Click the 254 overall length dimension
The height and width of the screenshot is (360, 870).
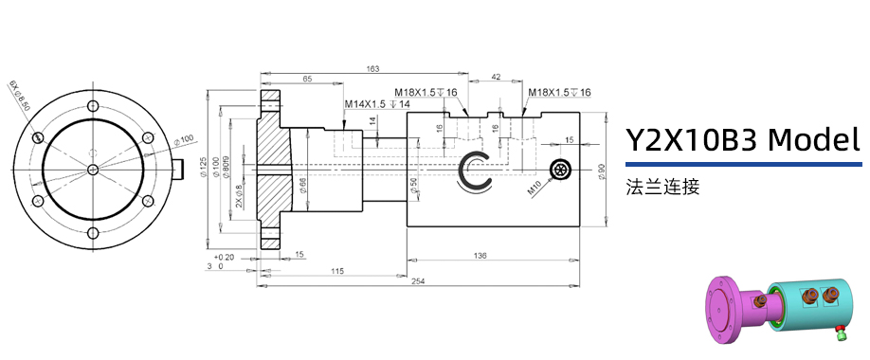coord(418,282)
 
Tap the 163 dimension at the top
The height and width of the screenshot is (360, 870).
coord(372,69)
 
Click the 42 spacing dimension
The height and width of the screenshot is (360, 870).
coord(496,77)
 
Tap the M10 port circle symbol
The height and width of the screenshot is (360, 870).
coord(561,171)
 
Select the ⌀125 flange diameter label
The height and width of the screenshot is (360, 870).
coord(204,170)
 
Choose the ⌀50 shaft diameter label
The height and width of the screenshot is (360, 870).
coord(414,187)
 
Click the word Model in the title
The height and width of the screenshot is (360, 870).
coord(813,140)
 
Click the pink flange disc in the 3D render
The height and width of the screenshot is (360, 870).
coord(719,313)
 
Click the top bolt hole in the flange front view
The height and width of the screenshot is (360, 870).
coord(92,104)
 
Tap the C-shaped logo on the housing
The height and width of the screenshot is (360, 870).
coord(474,171)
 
